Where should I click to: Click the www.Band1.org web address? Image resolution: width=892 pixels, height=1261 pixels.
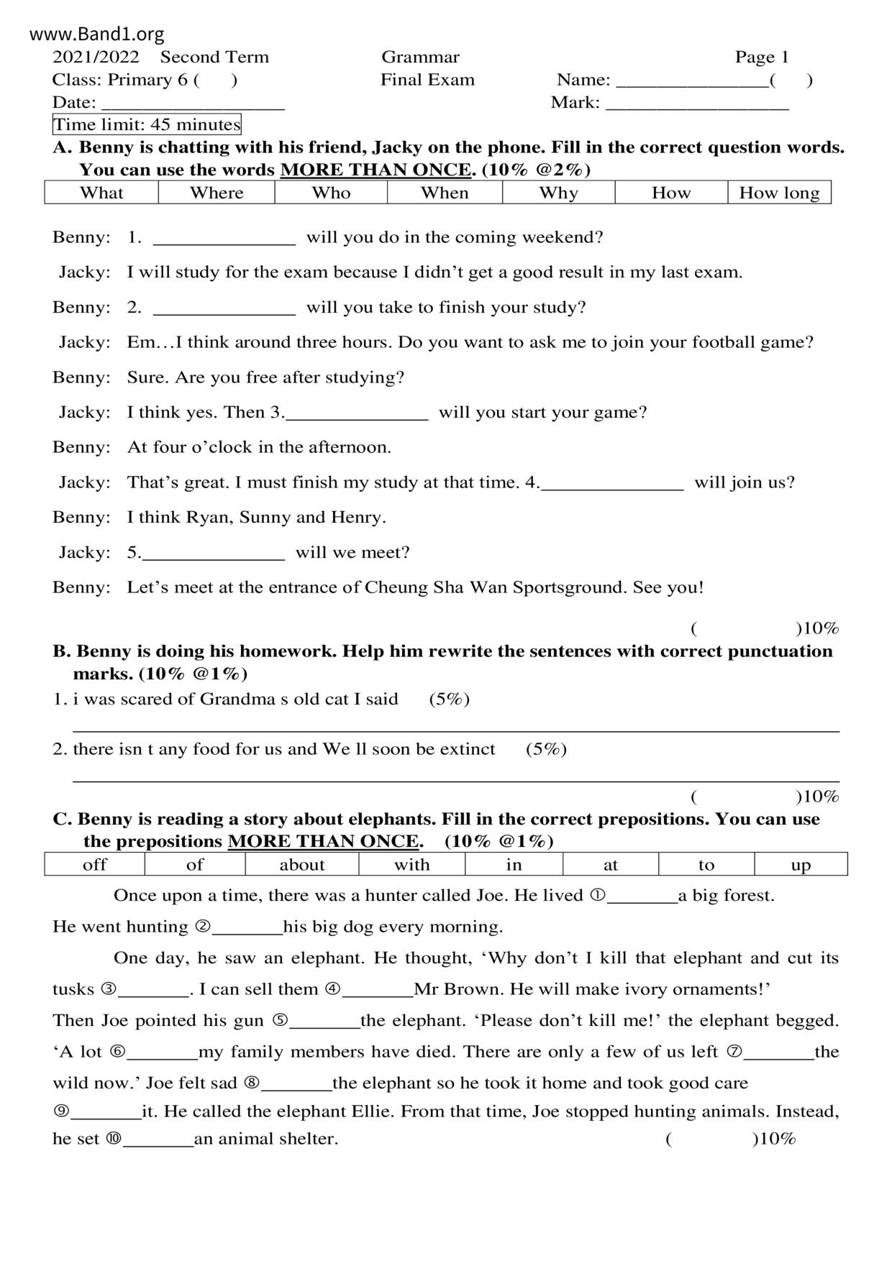tap(97, 34)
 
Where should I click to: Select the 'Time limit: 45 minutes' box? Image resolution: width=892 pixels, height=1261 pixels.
tap(147, 125)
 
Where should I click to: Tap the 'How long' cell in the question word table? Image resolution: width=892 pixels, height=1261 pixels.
tap(779, 193)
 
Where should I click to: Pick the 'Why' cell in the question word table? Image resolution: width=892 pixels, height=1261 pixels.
tap(558, 193)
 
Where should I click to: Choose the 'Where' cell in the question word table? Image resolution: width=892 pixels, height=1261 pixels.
tap(217, 193)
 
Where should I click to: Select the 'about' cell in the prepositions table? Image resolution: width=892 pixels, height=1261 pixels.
tap(302, 864)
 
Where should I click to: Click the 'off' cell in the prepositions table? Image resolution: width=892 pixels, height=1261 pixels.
tap(95, 864)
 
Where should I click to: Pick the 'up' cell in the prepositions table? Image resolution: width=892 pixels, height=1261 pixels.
tap(801, 864)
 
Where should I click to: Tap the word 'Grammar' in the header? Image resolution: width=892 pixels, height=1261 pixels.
tap(420, 58)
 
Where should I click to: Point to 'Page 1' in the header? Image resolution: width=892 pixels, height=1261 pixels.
tap(762, 58)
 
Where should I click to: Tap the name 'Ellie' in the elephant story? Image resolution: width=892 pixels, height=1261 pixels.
tap(372, 1111)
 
